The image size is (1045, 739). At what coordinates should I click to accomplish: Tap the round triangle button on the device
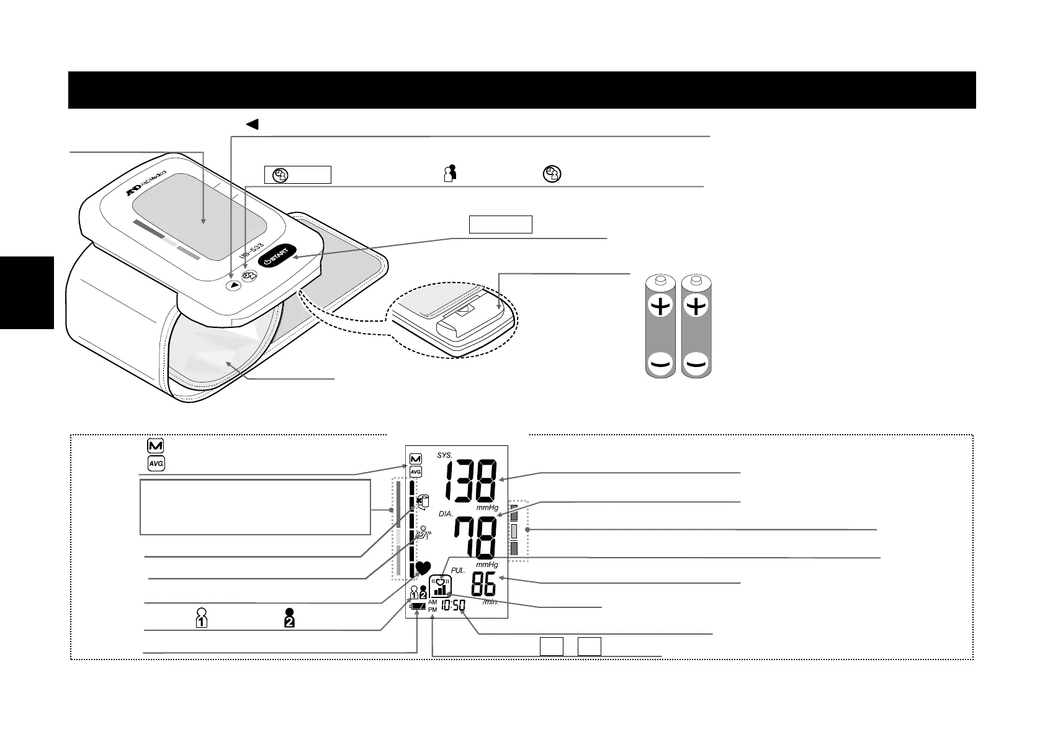click(x=233, y=286)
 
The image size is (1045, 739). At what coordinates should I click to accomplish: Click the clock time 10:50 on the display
click(x=453, y=605)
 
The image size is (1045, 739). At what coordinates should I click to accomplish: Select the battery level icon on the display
click(x=418, y=606)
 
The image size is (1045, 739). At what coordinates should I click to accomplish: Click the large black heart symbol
click(x=423, y=568)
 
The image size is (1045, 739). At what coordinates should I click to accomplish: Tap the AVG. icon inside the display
click(x=416, y=471)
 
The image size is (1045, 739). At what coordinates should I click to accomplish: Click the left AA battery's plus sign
click(x=661, y=306)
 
